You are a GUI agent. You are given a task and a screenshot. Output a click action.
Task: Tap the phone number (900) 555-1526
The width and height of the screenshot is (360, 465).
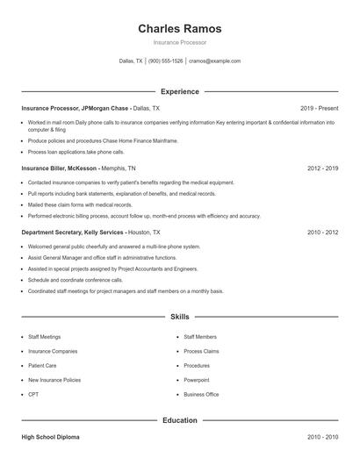165,61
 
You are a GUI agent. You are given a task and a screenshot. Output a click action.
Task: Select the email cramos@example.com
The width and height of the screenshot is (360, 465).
214,61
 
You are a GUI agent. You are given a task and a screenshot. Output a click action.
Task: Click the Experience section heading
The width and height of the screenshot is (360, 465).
179,91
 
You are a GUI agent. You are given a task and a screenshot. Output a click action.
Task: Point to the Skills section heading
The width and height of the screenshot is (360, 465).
179,316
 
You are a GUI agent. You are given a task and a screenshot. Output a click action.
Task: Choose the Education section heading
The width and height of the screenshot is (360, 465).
179,420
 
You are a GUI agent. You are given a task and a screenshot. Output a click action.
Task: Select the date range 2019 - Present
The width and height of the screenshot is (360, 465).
319,108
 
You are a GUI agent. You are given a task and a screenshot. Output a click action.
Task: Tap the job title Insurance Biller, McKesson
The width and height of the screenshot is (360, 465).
59,168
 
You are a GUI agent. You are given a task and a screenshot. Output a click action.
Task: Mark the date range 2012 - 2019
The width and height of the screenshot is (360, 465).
322,168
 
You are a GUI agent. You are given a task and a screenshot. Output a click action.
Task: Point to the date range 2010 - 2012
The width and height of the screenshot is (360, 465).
322,232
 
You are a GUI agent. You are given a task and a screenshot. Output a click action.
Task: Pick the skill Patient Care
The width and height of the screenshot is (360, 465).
42,365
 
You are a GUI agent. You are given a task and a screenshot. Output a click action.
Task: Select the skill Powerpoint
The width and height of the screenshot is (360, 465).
197,380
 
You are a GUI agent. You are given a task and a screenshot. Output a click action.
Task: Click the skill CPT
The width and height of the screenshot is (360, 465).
32,395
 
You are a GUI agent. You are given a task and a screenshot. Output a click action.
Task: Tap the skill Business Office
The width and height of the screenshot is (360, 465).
201,395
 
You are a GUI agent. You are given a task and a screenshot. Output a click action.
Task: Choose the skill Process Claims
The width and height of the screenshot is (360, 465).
201,351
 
